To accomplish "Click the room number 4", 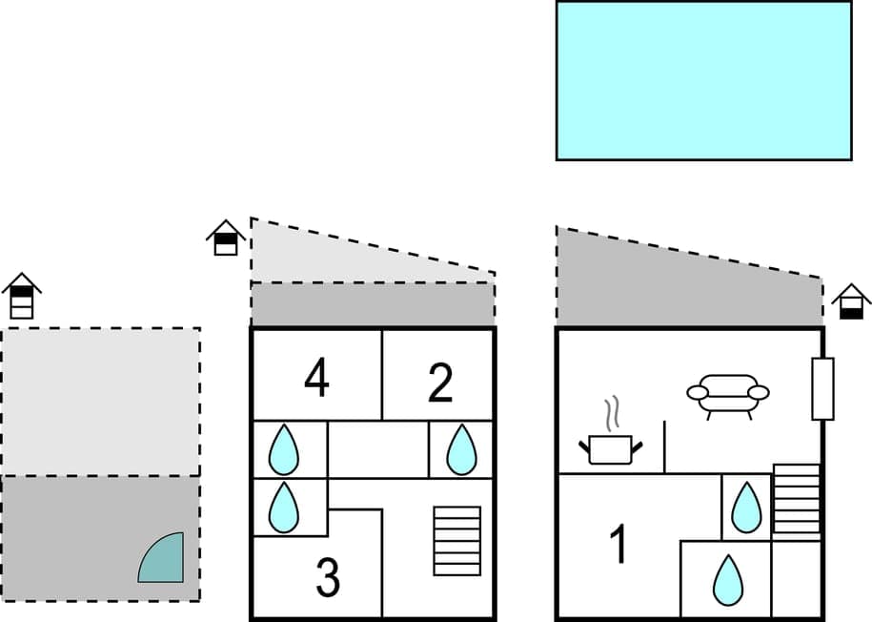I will tap(316, 379).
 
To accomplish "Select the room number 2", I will tap(439, 383).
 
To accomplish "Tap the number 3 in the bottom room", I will tap(327, 578).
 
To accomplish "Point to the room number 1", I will tap(619, 545).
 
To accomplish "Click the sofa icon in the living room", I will tap(728, 395).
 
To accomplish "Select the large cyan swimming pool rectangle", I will tap(703, 80).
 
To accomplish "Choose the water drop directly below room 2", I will tap(461, 449).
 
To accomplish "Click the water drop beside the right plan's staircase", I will tap(745, 508).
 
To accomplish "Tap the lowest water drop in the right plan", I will tap(728, 579).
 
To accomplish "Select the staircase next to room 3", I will tap(457, 541).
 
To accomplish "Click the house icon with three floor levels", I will tap(21, 297).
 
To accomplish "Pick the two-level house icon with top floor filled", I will tap(226, 238).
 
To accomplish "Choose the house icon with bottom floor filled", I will tap(851, 301).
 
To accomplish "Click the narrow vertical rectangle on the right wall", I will tap(822, 388).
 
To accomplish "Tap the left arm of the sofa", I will tap(698, 392).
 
